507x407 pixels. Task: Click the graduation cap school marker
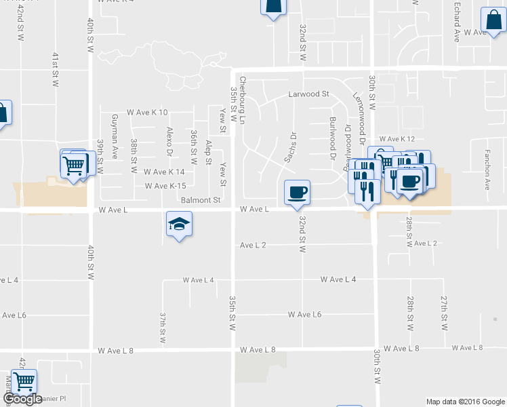pyautogui.click(x=179, y=224)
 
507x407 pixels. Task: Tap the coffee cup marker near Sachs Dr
pyautogui.click(x=297, y=193)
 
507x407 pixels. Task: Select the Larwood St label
pyautogui.click(x=308, y=94)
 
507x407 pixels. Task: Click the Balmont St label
pyautogui.click(x=201, y=200)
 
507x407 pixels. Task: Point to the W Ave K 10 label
pyautogui.click(x=147, y=112)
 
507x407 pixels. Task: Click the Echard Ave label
pyautogui.click(x=458, y=23)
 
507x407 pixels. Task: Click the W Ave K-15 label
pyautogui.click(x=165, y=186)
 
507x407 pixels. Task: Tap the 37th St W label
pyautogui.click(x=163, y=328)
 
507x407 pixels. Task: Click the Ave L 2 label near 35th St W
pyautogui.click(x=253, y=245)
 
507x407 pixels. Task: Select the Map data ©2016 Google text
pyautogui.click(x=465, y=402)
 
